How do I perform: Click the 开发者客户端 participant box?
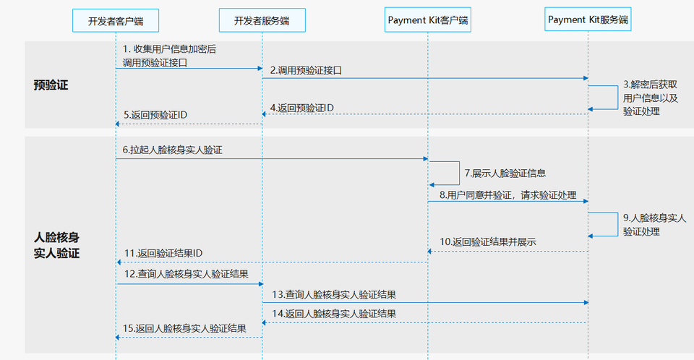pyautogui.click(x=116, y=21)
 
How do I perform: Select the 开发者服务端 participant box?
pyautogui.click(x=262, y=21)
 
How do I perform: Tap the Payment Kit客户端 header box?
pyautogui.click(x=427, y=20)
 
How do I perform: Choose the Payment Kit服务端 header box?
pyautogui.click(x=588, y=20)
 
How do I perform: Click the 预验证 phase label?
pyautogui.click(x=51, y=85)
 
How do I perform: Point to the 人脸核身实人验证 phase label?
pyautogui.click(x=56, y=245)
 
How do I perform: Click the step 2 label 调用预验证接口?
pyautogui.click(x=306, y=71)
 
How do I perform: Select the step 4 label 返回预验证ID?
pyautogui.click(x=302, y=108)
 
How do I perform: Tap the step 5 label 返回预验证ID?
pyautogui.click(x=155, y=116)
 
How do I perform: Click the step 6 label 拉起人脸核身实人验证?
pyautogui.click(x=172, y=150)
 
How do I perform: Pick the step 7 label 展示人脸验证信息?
pyautogui.click(x=505, y=173)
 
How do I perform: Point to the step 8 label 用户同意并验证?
pyautogui.click(x=507, y=195)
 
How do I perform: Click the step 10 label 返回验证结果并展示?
pyautogui.click(x=488, y=241)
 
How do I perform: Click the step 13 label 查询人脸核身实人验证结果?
pyautogui.click(x=334, y=294)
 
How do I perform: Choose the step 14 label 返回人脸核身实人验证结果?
pyautogui.click(x=333, y=314)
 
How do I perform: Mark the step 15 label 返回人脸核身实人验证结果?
pyautogui.click(x=186, y=328)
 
